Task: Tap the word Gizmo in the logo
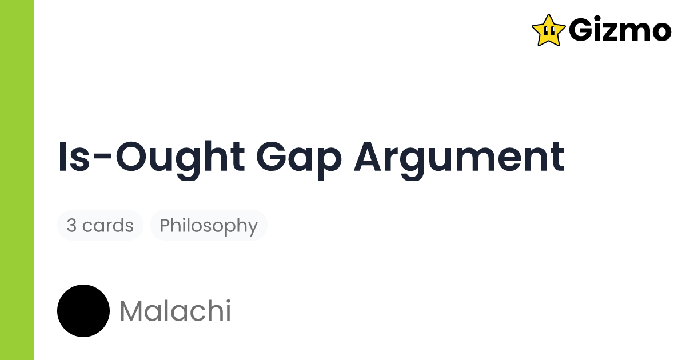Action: pos(620,30)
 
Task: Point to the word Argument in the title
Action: pos(459,157)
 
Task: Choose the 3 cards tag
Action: pos(100,226)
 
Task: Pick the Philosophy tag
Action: pos(209,226)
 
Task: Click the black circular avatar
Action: pos(83,311)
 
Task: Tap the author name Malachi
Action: pos(175,311)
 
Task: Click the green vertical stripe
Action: pos(17,180)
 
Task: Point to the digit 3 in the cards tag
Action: pos(71,226)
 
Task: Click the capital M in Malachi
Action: pos(132,311)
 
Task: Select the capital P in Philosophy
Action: pos(165,225)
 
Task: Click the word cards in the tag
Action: pos(108,226)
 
